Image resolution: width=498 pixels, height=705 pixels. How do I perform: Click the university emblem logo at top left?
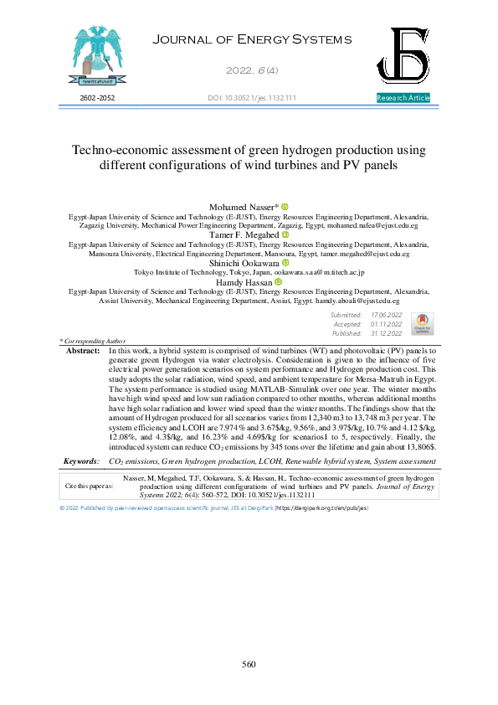click(x=94, y=54)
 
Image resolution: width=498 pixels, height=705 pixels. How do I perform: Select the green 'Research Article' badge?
click(x=403, y=99)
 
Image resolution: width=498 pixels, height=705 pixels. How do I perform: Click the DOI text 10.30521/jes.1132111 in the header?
click(x=251, y=99)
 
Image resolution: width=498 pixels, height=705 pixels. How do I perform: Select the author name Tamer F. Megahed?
click(x=243, y=234)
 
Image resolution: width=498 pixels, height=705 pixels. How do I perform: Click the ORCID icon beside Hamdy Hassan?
click(x=278, y=282)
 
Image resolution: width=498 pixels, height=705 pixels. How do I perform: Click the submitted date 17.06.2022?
click(x=386, y=314)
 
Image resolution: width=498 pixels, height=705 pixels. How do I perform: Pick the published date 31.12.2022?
click(x=386, y=332)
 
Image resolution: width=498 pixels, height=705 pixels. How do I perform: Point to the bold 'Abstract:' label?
click(x=82, y=352)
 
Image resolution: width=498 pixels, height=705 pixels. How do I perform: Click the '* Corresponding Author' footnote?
click(x=92, y=342)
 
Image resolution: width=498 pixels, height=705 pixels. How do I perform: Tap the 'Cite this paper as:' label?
click(x=89, y=485)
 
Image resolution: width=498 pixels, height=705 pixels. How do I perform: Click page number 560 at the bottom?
click(x=249, y=665)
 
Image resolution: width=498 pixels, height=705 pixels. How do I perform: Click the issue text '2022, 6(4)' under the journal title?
click(x=249, y=69)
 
